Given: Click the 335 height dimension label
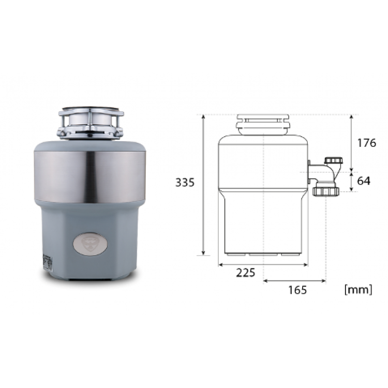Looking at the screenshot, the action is point(185,183).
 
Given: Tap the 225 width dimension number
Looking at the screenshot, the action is point(245,273).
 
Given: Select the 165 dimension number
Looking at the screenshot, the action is point(297,290).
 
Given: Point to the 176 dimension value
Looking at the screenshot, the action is point(366,143).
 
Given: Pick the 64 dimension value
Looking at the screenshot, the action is point(364,181).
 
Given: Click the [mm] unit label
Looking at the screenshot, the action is point(359,289).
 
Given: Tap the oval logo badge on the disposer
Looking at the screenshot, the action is point(90,244).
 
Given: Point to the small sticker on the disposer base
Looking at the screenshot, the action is point(47,262).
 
